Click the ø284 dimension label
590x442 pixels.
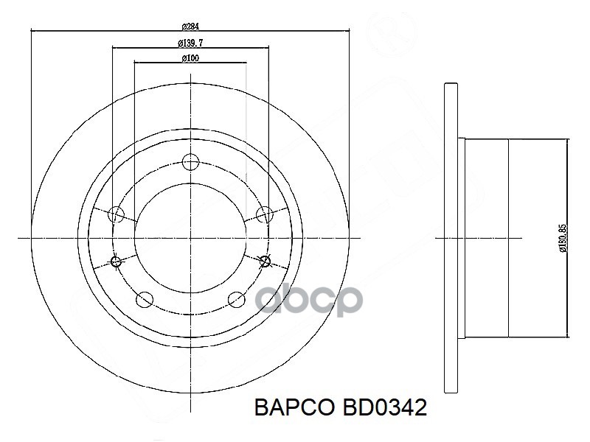pos(190,26)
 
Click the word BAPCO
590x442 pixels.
pos(292,408)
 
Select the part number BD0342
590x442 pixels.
pos(383,408)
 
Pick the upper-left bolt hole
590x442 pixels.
pos(115,214)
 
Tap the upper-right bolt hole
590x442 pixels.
pos(265,214)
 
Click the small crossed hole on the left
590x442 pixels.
pos(115,261)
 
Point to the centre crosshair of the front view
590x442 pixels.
pos(191,237)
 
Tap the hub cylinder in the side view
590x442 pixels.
pos(509,237)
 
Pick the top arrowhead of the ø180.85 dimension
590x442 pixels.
pos(566,141)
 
